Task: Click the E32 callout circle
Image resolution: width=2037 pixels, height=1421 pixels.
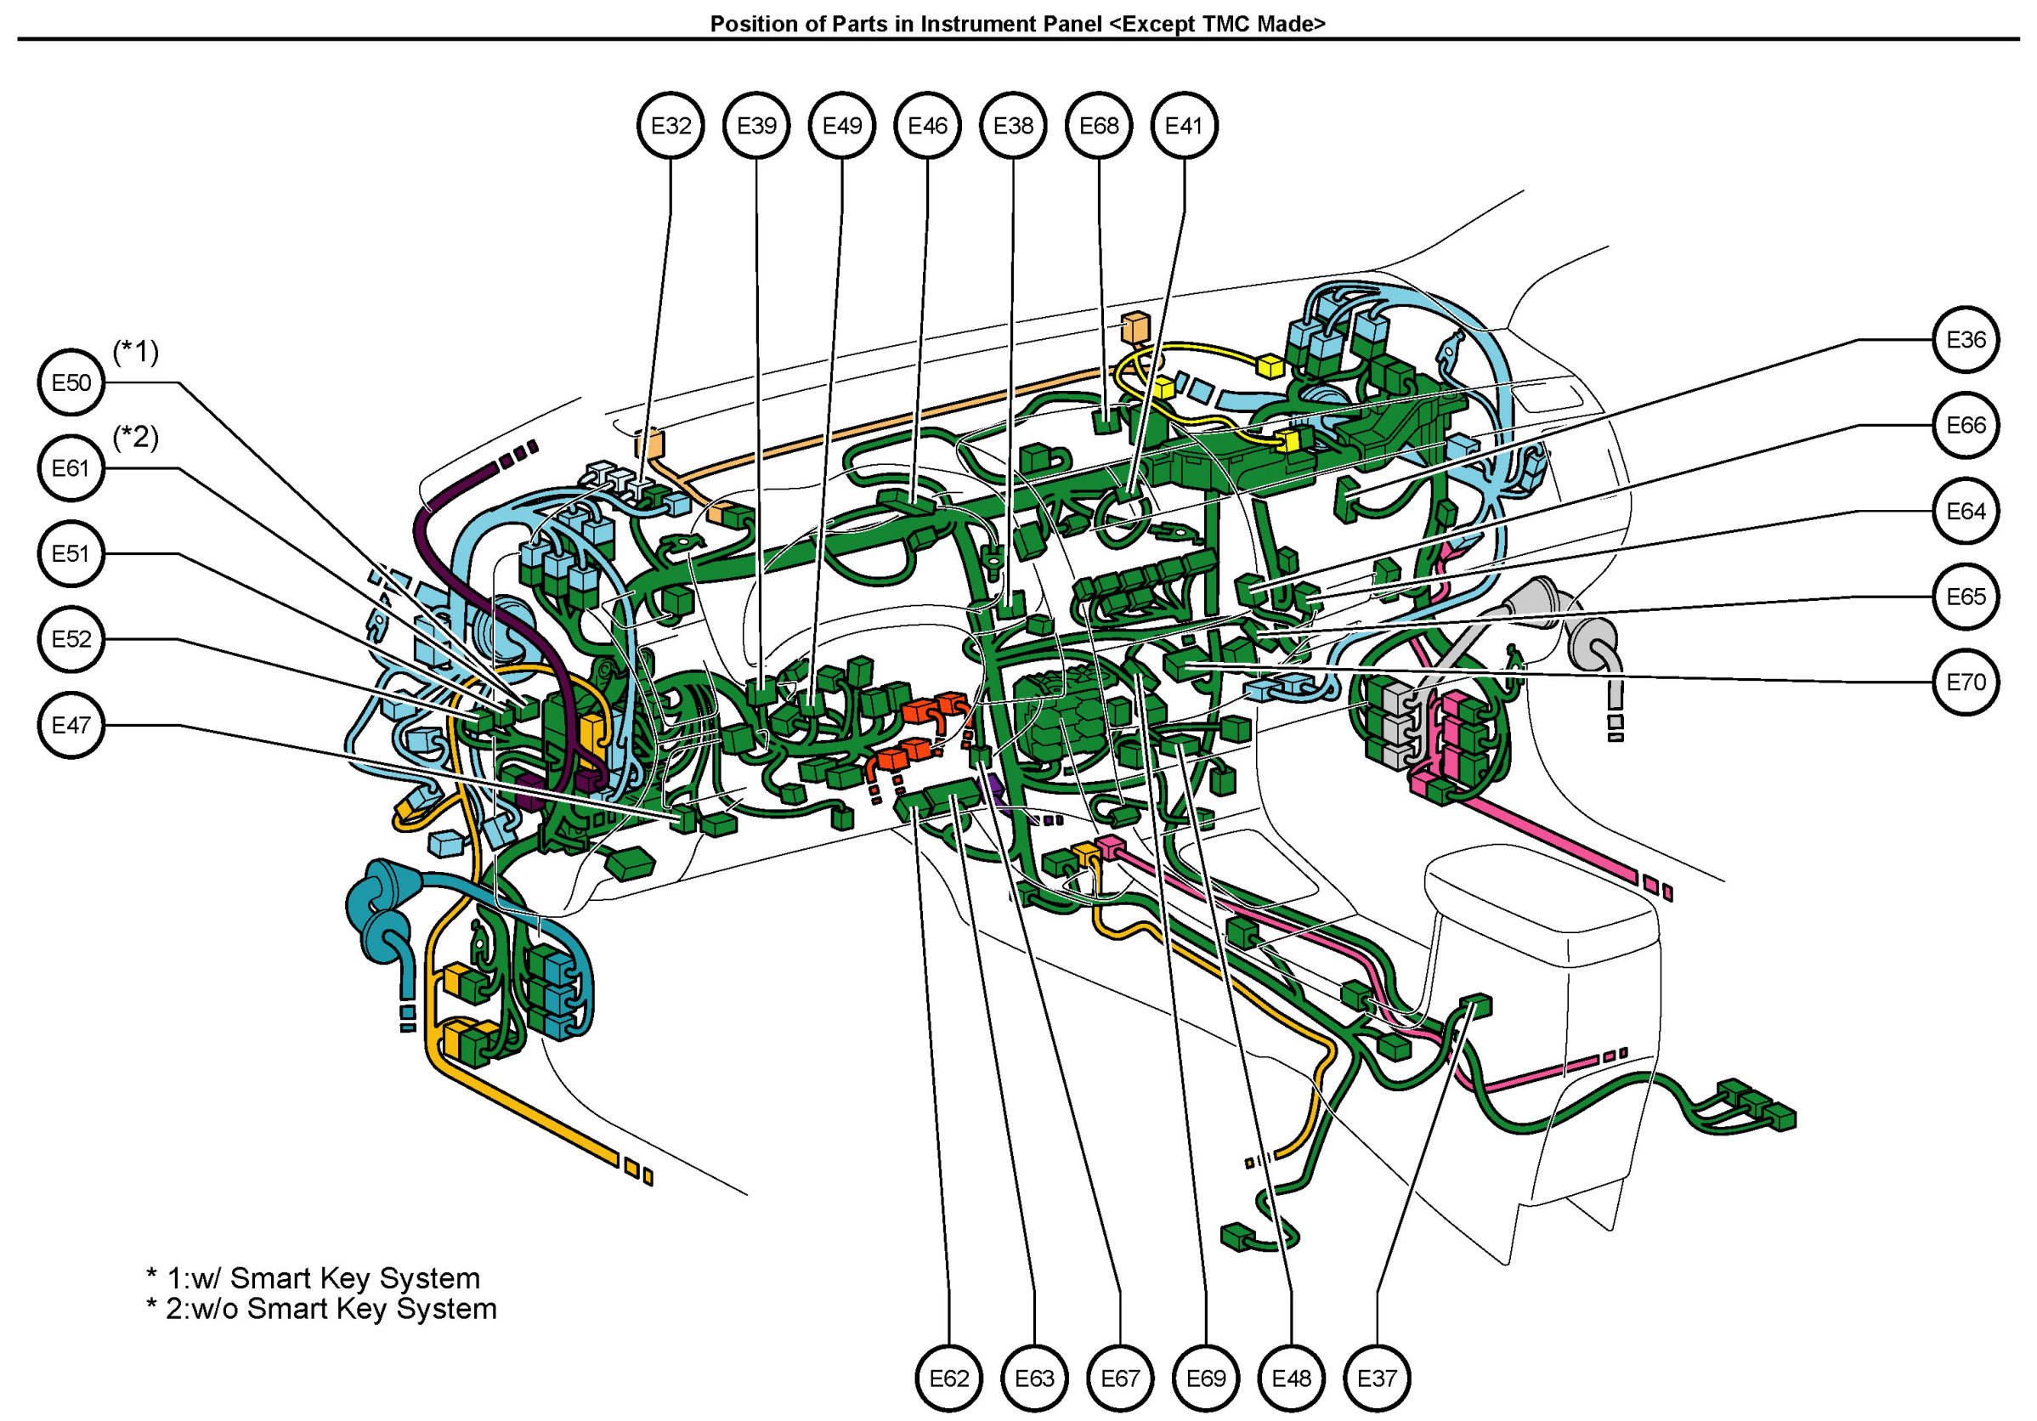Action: tap(671, 126)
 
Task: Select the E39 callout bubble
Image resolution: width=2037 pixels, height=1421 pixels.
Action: tap(757, 126)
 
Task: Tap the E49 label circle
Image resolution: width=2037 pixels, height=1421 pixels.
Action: tap(842, 126)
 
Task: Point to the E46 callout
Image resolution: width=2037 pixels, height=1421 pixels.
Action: tap(928, 126)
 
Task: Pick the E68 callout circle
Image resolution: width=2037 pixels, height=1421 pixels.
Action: tap(1100, 126)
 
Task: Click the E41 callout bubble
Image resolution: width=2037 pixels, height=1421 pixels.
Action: tap(1184, 126)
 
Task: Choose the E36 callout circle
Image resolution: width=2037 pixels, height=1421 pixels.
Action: tap(1966, 340)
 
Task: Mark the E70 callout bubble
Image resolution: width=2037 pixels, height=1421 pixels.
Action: tap(1966, 682)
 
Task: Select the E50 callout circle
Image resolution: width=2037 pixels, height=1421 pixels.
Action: tap(72, 383)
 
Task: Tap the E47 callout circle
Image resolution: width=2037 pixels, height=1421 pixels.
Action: tap(72, 726)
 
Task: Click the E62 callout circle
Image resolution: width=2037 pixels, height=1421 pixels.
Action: tap(949, 1379)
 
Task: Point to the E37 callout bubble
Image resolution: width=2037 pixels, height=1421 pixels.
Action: tap(1377, 1379)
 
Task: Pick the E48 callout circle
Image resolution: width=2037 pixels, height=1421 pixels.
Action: tap(1291, 1379)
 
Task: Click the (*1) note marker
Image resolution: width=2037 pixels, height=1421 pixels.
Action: tap(136, 352)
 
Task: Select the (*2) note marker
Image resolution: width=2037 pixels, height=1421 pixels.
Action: tap(136, 438)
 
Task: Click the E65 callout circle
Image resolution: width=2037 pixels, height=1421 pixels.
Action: tap(1966, 597)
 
